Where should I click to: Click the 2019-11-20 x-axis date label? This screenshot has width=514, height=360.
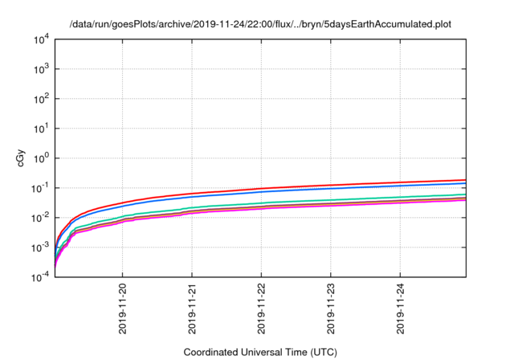[123, 309]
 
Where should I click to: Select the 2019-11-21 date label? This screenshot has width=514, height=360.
[193, 309]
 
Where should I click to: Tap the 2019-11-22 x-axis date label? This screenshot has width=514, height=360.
[262, 309]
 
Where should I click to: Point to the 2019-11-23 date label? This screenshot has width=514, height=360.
[332, 309]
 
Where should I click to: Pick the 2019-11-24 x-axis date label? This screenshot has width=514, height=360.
[402, 309]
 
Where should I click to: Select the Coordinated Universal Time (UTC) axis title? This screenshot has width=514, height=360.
[260, 352]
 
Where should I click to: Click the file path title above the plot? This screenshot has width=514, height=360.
[260, 24]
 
